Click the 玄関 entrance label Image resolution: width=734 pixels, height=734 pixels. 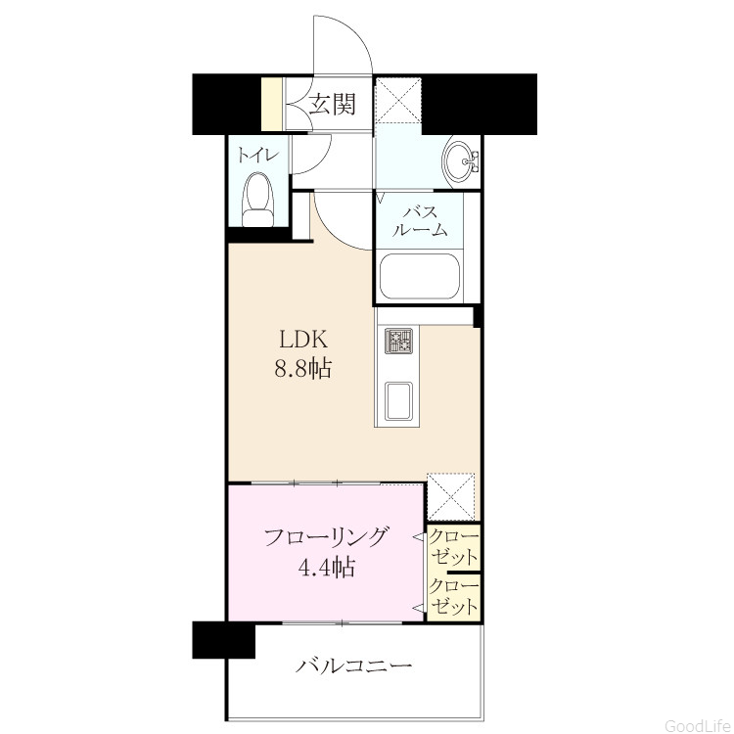(333, 104)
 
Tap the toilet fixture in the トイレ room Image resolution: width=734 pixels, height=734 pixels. (257, 200)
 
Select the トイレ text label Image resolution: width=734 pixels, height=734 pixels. (258, 155)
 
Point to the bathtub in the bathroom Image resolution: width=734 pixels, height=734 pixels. (420, 277)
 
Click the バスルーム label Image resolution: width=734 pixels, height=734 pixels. (421, 221)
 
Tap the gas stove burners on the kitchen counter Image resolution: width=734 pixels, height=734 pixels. (399, 341)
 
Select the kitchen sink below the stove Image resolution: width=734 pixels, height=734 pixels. (399, 400)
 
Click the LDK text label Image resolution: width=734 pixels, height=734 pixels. (303, 340)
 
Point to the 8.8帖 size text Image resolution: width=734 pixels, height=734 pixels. (303, 369)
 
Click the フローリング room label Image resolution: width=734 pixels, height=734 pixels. (326, 537)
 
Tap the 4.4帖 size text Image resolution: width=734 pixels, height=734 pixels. (326, 568)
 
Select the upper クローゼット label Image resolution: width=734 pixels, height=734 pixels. (454, 546)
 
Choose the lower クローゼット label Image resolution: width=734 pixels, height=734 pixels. (454, 596)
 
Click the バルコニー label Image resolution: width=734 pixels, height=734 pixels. (354, 665)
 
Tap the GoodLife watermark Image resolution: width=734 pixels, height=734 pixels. (699, 725)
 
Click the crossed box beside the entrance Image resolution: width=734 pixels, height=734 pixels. (399, 100)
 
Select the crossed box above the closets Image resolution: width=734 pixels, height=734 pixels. (451, 496)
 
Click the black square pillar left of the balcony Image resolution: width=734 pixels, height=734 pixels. (224, 640)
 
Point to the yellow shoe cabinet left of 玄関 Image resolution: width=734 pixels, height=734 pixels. (271, 104)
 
